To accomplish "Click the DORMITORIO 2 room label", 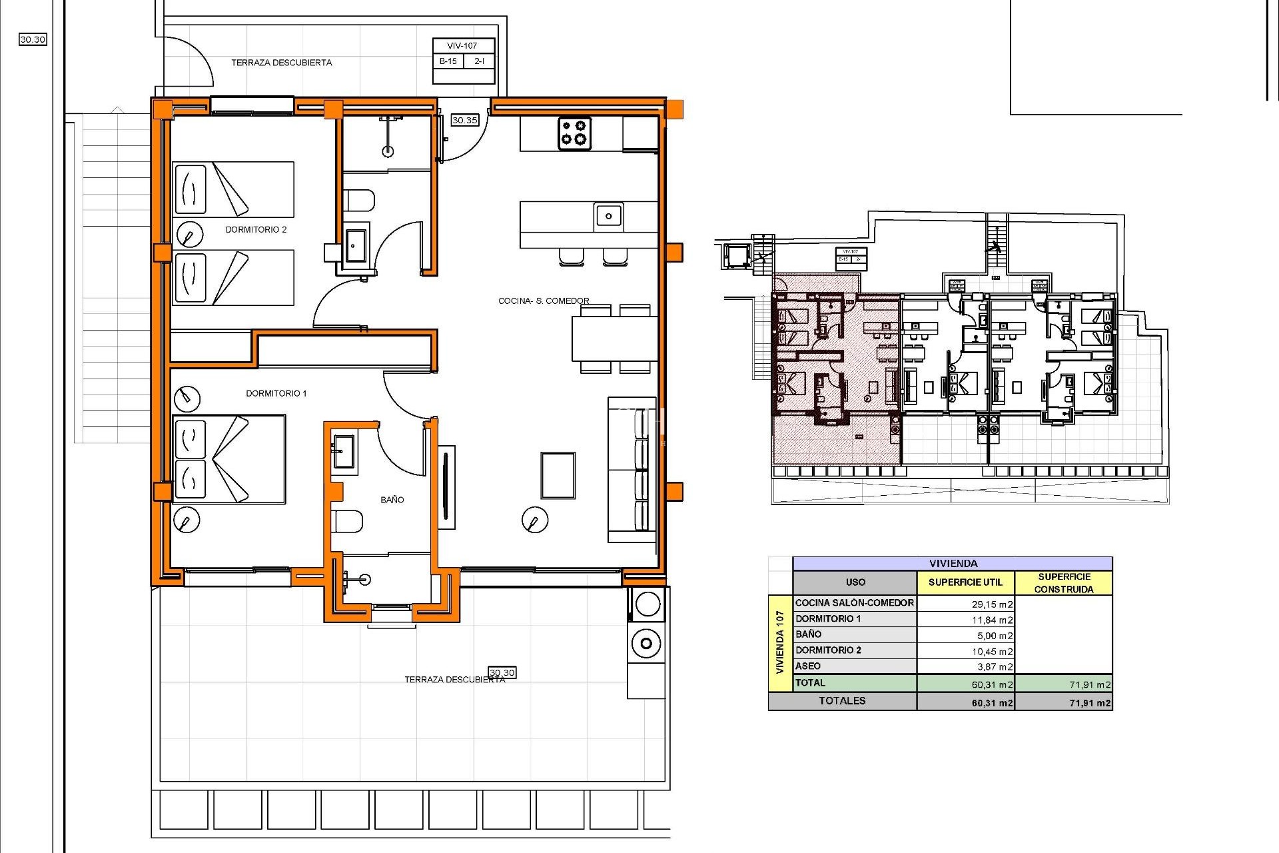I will (x=256, y=229).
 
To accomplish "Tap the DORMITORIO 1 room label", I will (x=276, y=393).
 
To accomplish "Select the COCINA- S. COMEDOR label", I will (x=544, y=301).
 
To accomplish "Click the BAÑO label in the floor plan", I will (x=392, y=499).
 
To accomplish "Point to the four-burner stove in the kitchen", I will (x=574, y=133).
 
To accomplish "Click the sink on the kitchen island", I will (x=608, y=215).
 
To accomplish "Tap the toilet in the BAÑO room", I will (x=348, y=521).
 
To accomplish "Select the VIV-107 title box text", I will (x=462, y=45).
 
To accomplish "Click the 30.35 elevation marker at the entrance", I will (x=464, y=120).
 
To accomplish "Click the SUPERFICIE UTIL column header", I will (x=965, y=582).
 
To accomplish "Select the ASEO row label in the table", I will (x=808, y=666).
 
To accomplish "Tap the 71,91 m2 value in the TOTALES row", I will (x=1089, y=702).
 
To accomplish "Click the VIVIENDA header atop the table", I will (x=953, y=563).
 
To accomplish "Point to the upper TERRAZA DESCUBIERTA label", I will (x=281, y=63).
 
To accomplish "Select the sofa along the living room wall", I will (x=631, y=470).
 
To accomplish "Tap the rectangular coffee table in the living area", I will (x=558, y=475).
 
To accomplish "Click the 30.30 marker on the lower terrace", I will (x=502, y=672).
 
